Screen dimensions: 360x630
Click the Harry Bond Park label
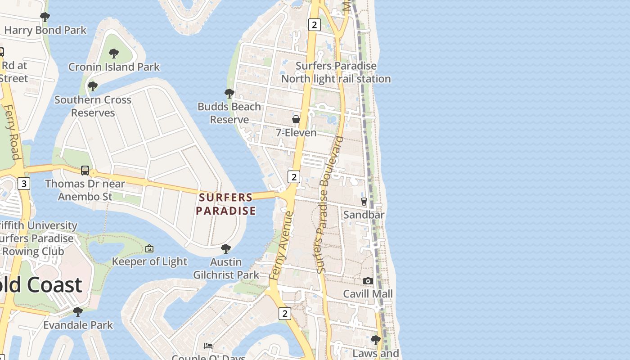point(45,31)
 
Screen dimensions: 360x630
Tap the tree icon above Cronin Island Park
point(114,54)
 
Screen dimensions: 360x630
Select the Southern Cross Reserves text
point(93,106)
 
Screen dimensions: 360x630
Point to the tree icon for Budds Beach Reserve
point(229,94)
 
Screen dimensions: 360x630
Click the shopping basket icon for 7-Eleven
point(296,119)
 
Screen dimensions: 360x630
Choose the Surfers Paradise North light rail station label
point(336,72)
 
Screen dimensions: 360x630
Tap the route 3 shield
point(24,184)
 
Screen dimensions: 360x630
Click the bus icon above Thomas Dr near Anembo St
point(85,171)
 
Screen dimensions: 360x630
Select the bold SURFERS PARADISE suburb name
point(226,204)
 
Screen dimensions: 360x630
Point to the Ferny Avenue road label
point(281,246)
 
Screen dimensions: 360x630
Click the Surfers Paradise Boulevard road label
point(329,205)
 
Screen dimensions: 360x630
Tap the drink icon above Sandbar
point(364,201)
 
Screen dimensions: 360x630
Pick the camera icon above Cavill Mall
point(368,281)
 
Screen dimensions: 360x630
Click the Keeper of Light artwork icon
point(149,248)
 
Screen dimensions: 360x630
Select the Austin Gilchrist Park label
point(226,268)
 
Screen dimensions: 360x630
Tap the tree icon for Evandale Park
point(78,311)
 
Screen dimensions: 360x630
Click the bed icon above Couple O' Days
point(208,346)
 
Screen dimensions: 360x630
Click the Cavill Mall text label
point(368,294)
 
